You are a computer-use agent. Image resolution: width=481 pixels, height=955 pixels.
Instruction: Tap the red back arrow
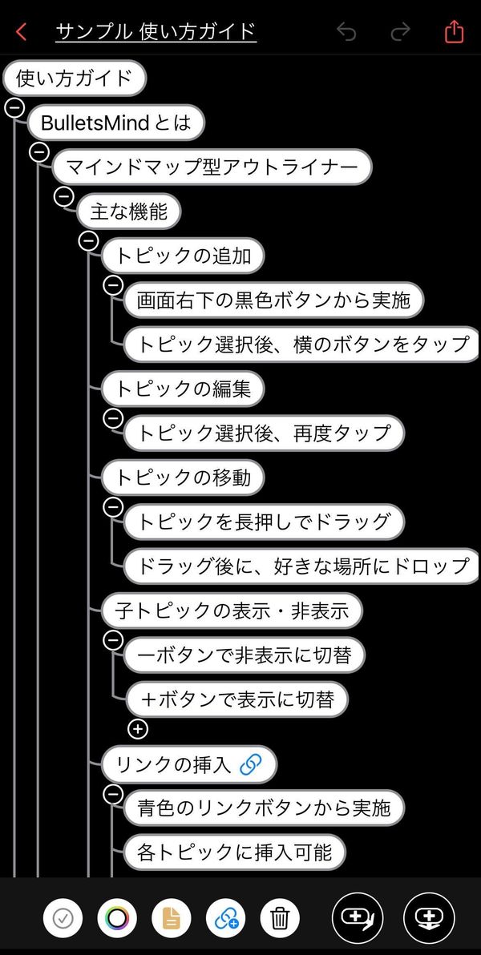click(x=22, y=32)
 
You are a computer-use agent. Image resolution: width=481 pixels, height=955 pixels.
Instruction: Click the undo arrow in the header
click(x=346, y=32)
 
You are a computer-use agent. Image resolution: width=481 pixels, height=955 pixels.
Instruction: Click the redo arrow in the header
click(x=400, y=32)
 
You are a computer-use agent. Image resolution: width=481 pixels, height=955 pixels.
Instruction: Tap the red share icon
click(x=455, y=31)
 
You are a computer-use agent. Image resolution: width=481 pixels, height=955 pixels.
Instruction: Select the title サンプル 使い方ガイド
click(x=156, y=31)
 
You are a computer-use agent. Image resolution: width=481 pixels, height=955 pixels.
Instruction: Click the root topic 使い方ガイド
click(x=75, y=79)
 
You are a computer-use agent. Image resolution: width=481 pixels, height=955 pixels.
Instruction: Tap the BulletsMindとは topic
click(x=115, y=123)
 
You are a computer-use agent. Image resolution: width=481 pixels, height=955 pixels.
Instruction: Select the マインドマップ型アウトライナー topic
click(x=212, y=167)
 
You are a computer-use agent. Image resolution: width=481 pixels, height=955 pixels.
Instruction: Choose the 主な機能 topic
click(x=128, y=212)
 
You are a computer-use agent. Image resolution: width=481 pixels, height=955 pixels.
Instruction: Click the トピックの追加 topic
click(x=182, y=256)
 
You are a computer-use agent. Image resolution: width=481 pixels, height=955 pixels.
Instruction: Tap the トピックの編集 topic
click(x=182, y=389)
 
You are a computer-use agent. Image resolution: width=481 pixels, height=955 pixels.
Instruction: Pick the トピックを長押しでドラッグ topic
click(x=264, y=522)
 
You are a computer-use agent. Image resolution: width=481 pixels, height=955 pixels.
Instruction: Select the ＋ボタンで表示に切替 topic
click(x=237, y=699)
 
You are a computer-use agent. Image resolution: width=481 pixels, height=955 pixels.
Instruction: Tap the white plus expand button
click(x=139, y=729)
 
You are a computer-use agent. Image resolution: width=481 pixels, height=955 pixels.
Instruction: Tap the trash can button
click(x=280, y=917)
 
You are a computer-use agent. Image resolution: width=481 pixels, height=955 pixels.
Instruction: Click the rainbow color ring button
click(x=117, y=917)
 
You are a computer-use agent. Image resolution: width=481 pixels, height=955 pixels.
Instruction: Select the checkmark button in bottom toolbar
click(x=63, y=917)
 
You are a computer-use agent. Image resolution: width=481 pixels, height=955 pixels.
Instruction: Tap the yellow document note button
click(x=172, y=917)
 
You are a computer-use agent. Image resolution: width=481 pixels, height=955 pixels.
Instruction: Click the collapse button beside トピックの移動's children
click(x=113, y=506)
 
